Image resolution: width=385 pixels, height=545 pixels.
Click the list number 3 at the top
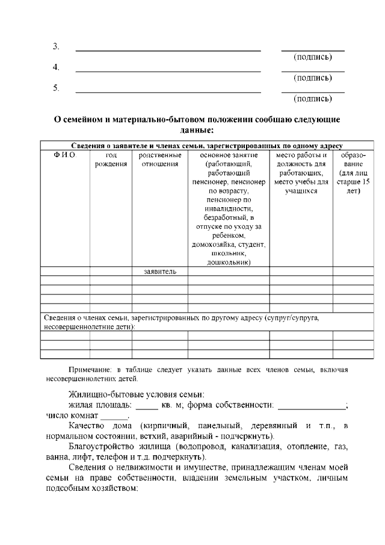pyautogui.click(x=56, y=46)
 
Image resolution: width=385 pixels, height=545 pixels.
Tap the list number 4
pyautogui.click(x=56, y=67)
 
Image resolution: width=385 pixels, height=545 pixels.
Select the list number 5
pyautogui.click(x=56, y=88)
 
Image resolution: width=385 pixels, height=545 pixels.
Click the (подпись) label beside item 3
pyautogui.click(x=312, y=57)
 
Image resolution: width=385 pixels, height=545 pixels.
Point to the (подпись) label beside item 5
pyautogui.click(x=312, y=98)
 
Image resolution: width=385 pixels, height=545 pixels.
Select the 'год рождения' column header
pyautogui.click(x=111, y=160)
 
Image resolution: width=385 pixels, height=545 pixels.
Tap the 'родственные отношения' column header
pyautogui.click(x=160, y=160)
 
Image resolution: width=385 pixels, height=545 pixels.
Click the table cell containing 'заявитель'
pyautogui.click(x=160, y=272)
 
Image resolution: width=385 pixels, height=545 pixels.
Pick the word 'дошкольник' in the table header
pyautogui.click(x=229, y=262)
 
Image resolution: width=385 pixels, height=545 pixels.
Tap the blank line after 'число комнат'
pyautogui.click(x=114, y=416)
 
